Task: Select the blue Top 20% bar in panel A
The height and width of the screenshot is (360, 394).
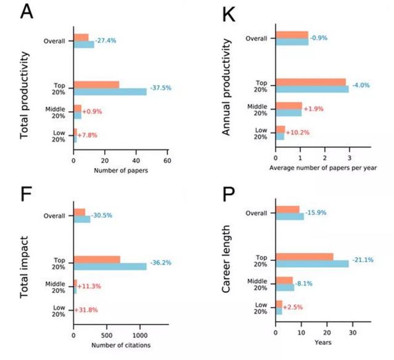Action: click(110, 91)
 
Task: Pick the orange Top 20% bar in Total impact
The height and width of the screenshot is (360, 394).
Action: click(97, 259)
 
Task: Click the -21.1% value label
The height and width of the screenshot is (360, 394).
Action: click(363, 260)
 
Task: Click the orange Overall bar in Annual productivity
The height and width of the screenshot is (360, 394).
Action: click(292, 34)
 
